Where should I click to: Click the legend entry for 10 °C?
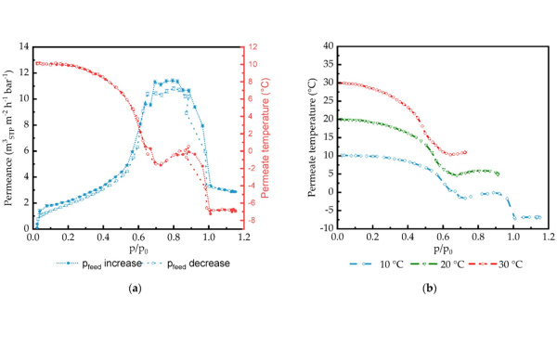pos(380,263)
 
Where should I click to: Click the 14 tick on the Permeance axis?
pos(23,46)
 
